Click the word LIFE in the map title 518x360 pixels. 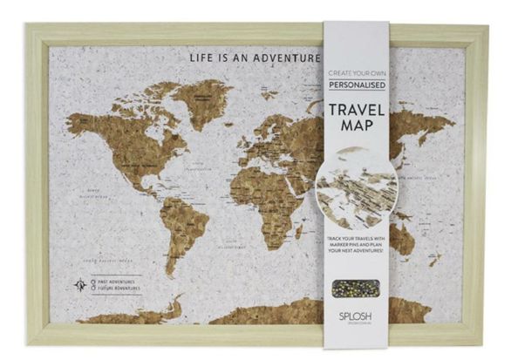(202, 59)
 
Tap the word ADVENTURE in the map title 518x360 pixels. (285, 59)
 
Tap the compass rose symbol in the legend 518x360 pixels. (80, 284)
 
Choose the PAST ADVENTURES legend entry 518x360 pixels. (117, 281)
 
